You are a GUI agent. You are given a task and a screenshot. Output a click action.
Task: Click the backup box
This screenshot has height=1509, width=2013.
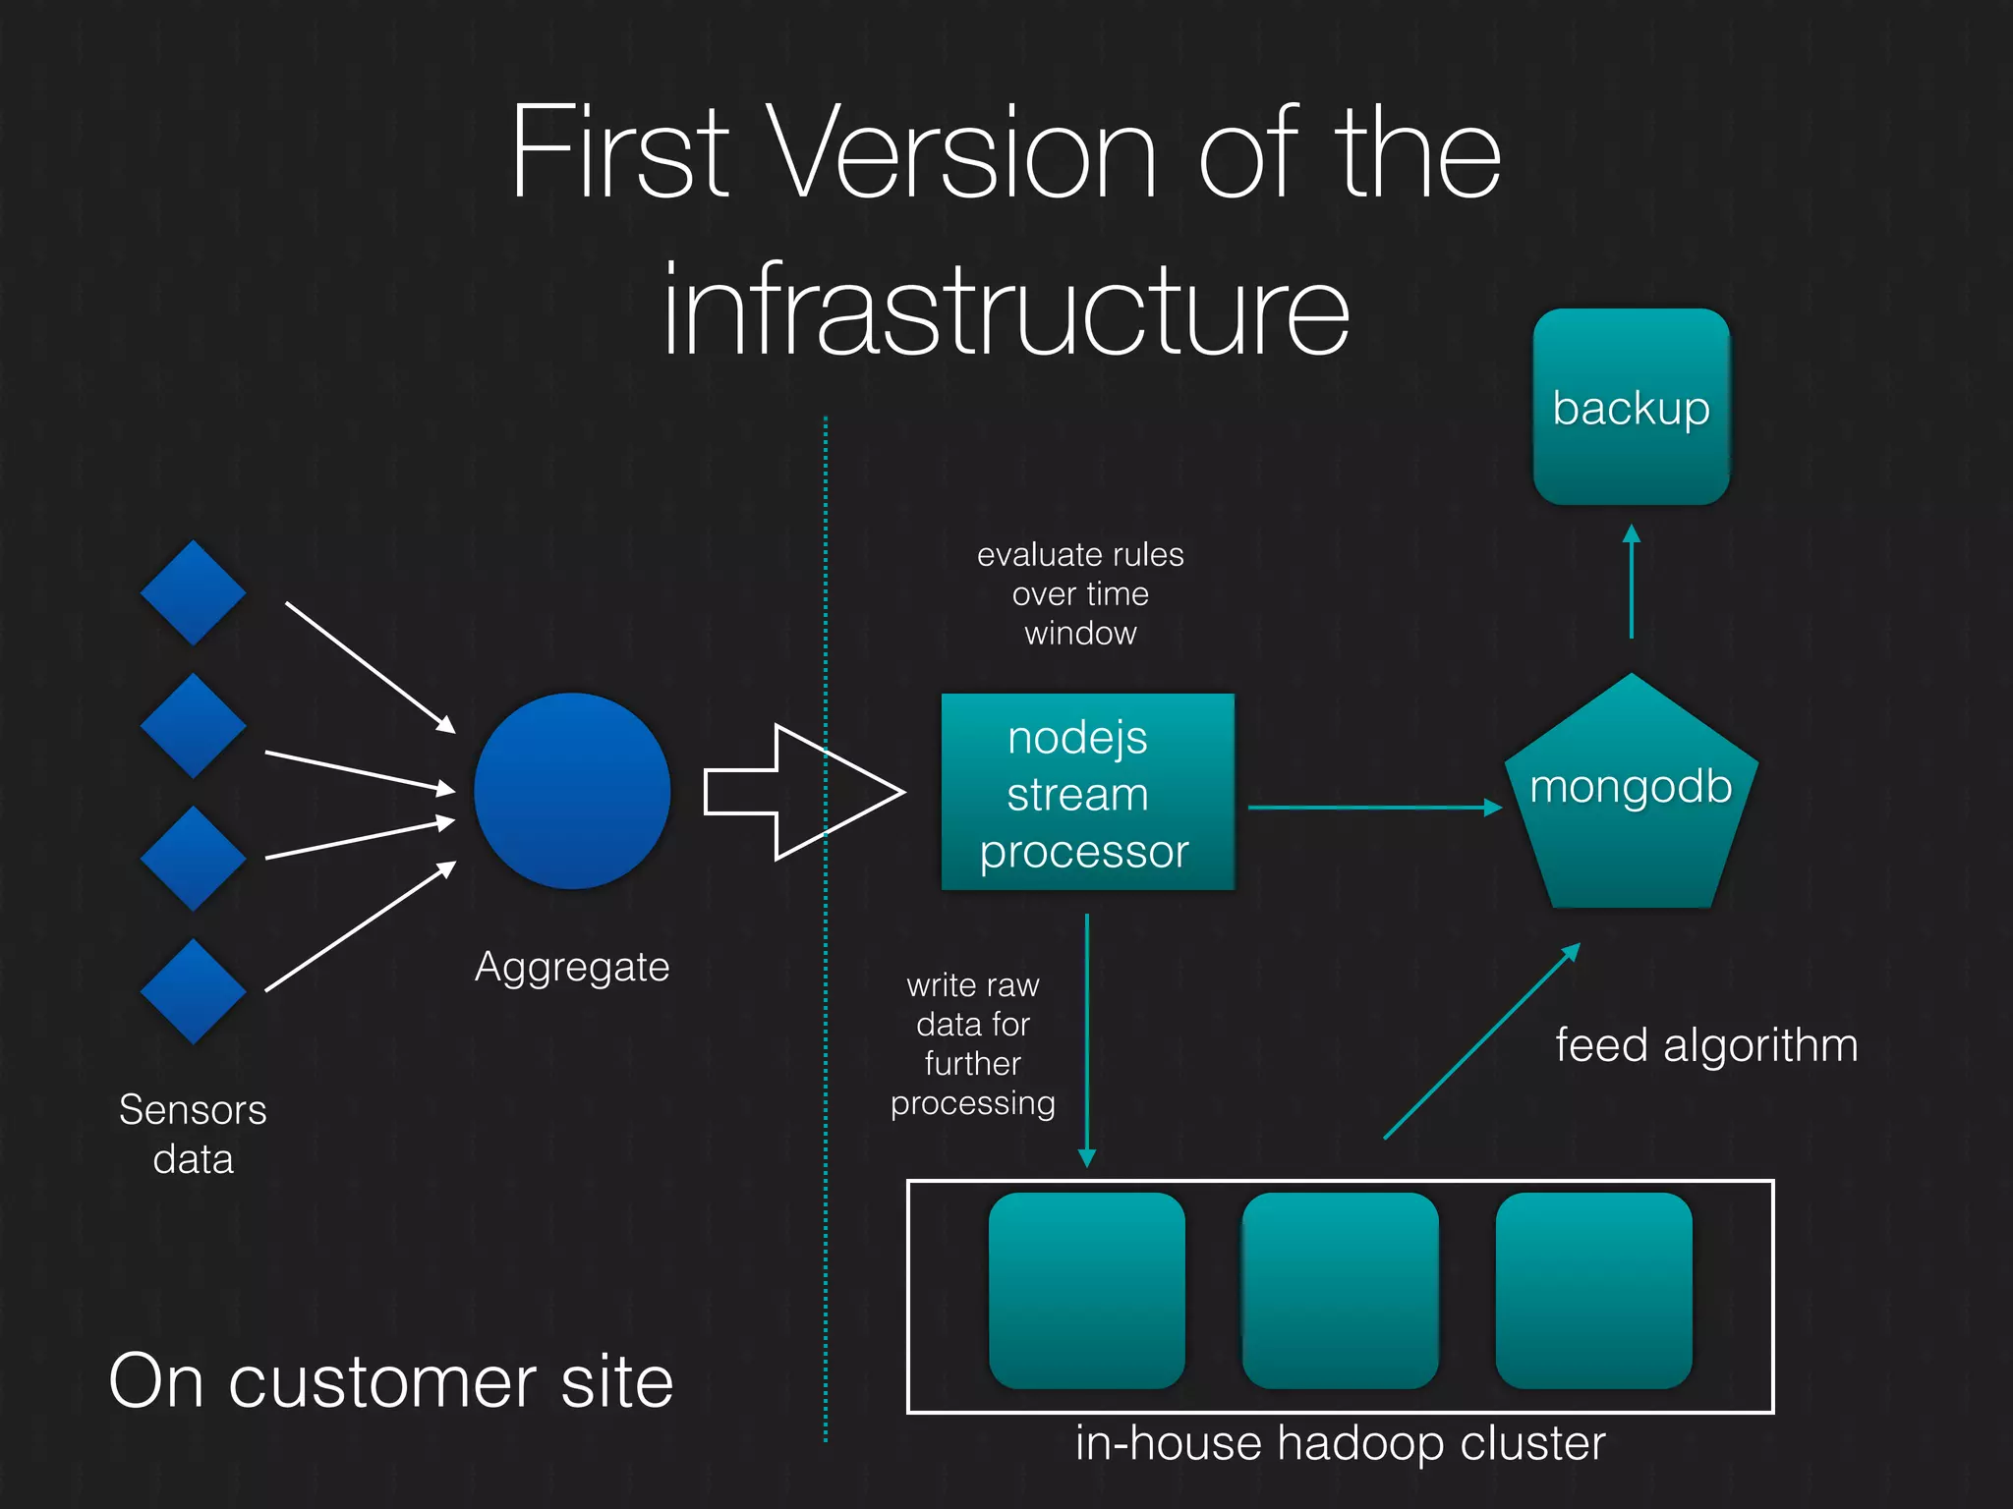(x=1631, y=407)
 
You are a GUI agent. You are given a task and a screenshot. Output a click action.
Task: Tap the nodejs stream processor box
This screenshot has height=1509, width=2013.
(x=1087, y=792)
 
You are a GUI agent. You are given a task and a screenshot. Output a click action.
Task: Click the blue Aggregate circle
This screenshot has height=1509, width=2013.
(x=572, y=791)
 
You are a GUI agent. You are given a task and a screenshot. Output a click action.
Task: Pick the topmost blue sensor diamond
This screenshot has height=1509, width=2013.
(x=193, y=592)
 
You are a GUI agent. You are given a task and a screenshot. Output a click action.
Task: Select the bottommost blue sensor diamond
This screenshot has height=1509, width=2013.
(x=193, y=991)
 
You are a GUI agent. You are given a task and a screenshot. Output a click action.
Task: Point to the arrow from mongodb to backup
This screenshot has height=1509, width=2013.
(x=1632, y=582)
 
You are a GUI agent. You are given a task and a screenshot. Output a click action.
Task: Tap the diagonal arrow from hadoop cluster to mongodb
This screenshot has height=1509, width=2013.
(x=1481, y=1041)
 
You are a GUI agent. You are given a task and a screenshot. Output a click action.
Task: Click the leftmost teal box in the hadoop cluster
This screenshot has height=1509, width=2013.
(x=1086, y=1290)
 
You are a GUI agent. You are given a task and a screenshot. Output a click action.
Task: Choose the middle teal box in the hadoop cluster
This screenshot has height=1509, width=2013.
(x=1340, y=1290)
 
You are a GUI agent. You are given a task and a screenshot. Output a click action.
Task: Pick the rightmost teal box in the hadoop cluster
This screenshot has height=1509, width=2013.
(x=1593, y=1290)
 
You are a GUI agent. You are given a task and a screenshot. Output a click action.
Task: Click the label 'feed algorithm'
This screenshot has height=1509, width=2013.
(x=1706, y=1044)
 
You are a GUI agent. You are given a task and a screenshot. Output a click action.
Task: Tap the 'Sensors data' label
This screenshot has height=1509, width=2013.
(x=193, y=1134)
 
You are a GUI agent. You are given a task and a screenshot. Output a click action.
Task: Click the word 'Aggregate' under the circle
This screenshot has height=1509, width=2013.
(x=572, y=967)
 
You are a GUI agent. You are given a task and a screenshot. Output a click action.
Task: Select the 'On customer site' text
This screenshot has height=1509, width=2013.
(x=391, y=1381)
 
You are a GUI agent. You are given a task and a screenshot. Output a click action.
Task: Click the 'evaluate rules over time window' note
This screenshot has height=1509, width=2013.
(x=1080, y=593)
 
